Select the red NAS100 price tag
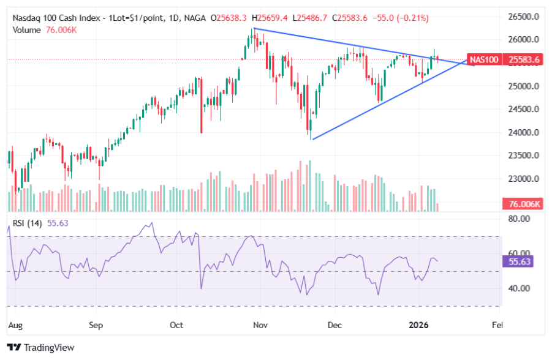[484, 59]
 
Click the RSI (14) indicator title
[27, 223]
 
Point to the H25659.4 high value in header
[274, 18]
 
